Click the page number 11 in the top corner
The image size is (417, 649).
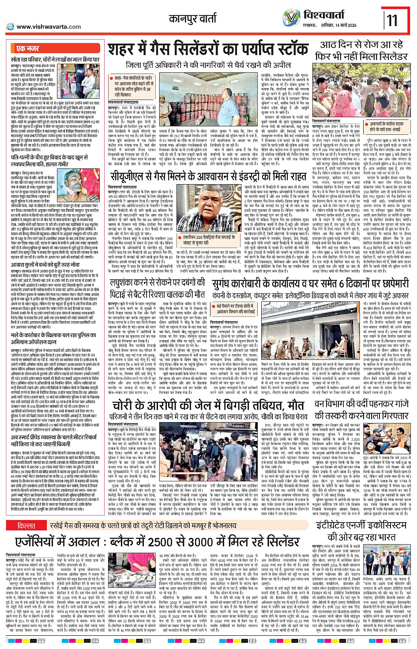tap(392, 20)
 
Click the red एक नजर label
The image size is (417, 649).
tap(28, 48)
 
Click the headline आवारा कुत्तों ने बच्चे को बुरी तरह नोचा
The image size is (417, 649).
tap(45, 265)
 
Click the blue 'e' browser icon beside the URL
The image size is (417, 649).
tap(10, 27)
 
